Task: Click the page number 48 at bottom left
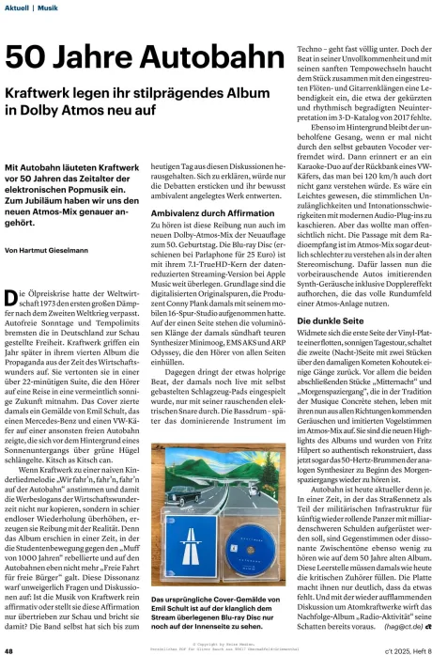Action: (x=8, y=647)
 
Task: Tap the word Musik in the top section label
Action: (x=47, y=8)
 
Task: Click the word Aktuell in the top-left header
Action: (x=18, y=8)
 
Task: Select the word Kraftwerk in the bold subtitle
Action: (x=42, y=94)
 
